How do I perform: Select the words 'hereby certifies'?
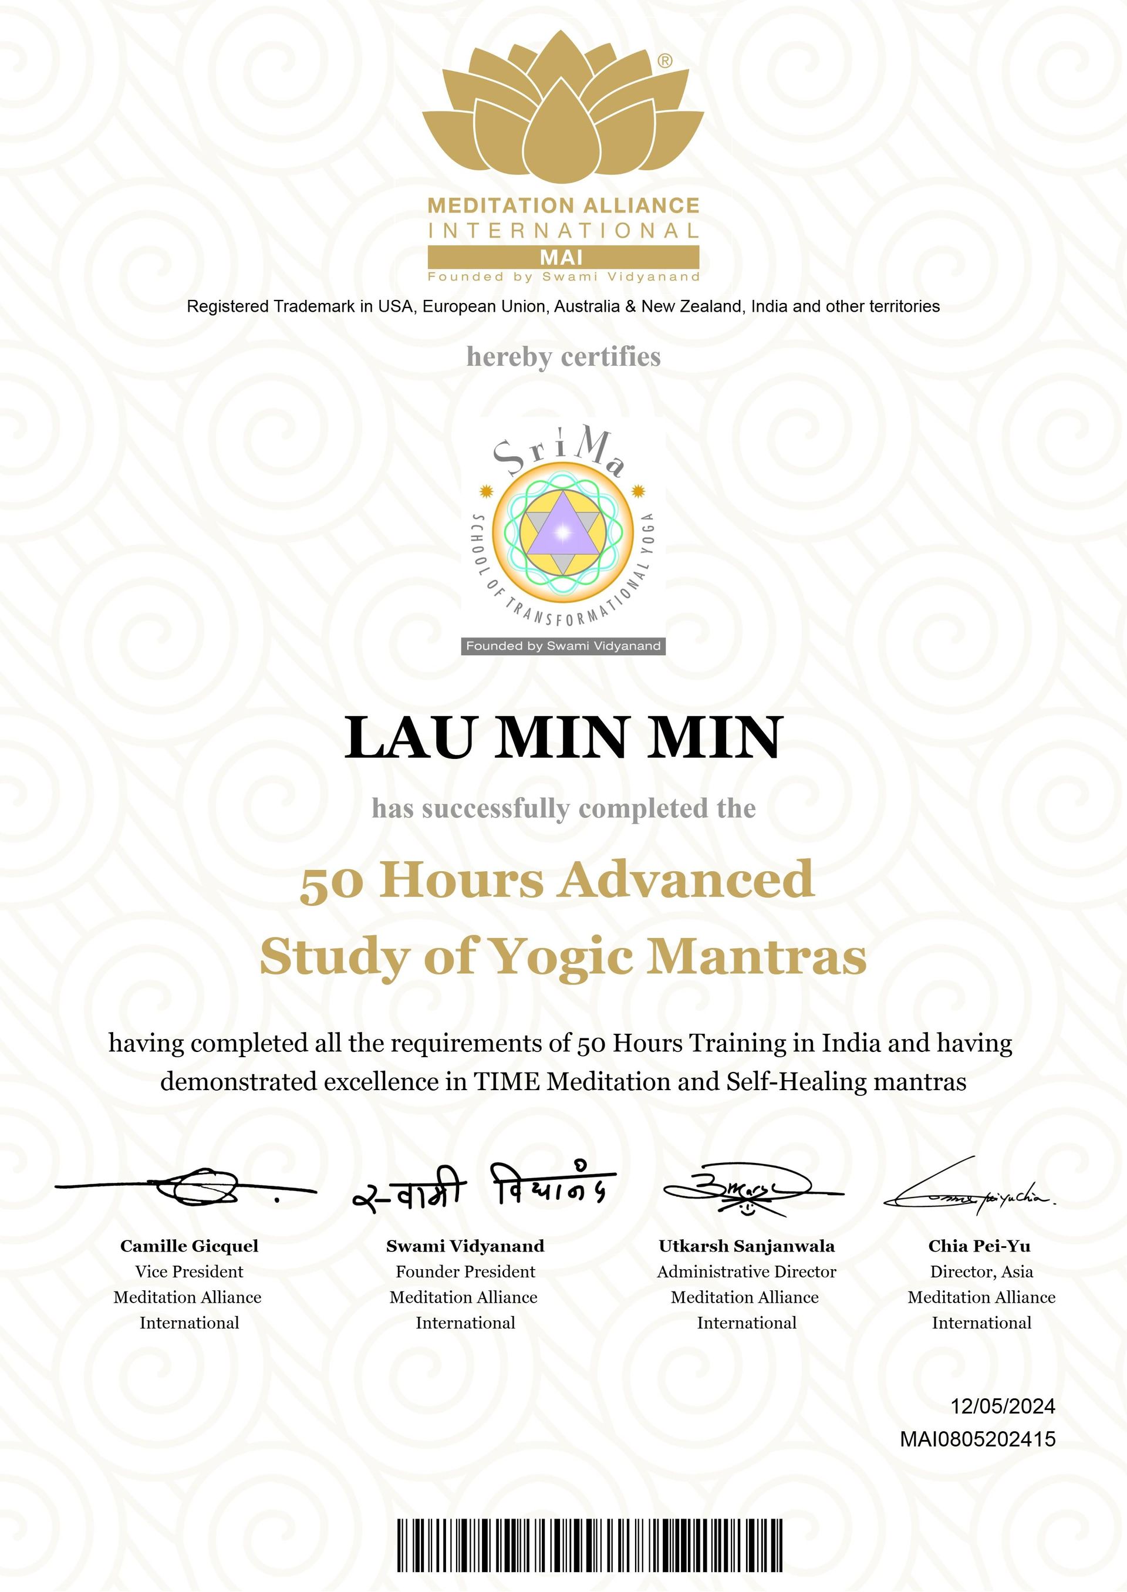click(563, 357)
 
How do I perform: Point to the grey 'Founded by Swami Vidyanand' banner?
click(563, 646)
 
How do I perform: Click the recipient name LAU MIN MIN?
click(563, 737)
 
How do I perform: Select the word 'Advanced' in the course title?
click(686, 879)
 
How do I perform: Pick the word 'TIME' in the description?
click(507, 1081)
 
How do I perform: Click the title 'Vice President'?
click(190, 1271)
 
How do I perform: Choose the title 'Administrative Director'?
click(747, 1271)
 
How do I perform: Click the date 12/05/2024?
click(1002, 1406)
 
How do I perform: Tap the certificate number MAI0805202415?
click(977, 1439)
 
